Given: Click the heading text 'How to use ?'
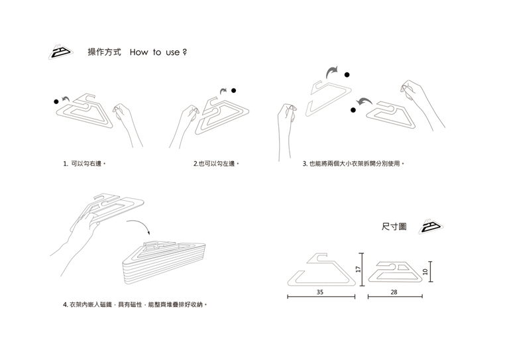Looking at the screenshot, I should (158, 52).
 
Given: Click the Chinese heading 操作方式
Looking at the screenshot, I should (104, 52).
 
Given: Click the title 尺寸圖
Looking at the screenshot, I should (394, 227).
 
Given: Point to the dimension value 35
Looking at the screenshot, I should (320, 292).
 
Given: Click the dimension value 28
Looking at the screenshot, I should (394, 292).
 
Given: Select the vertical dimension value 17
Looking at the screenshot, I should (357, 269).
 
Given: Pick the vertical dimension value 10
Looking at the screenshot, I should (426, 270).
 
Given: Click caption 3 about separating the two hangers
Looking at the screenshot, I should (353, 163).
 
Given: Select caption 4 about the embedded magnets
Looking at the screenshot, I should (135, 305).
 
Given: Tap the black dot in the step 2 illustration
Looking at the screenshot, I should (234, 90).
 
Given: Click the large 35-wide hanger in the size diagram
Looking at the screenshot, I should (320, 269).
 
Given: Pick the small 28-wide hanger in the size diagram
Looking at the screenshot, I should (395, 272).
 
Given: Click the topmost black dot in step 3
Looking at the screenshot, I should (347, 74).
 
